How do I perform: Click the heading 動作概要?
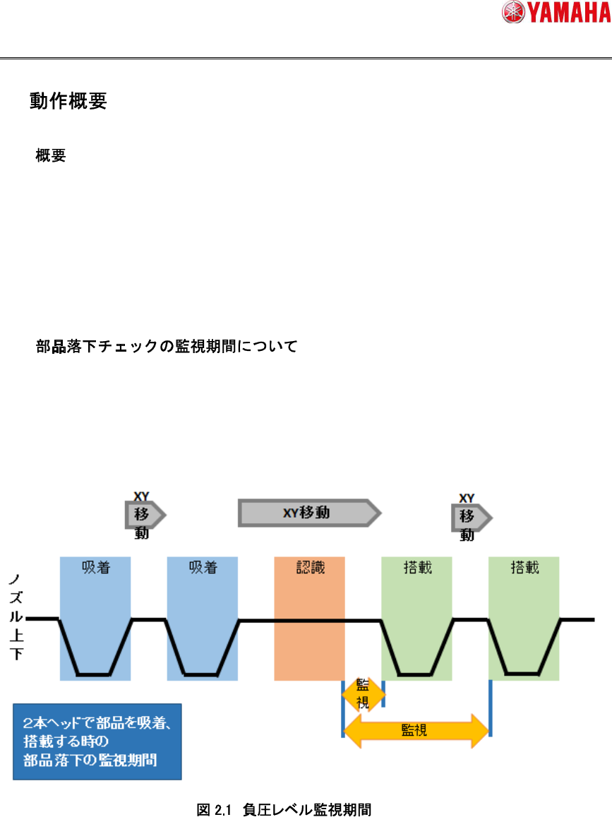pyautogui.click(x=68, y=102)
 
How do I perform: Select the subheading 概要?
pyautogui.click(x=51, y=156)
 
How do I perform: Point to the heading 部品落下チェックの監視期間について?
pyautogui.click(x=167, y=347)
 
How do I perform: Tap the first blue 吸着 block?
pyautogui.click(x=95, y=618)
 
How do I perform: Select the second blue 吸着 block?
pyautogui.click(x=203, y=618)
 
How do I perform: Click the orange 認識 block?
pyautogui.click(x=309, y=618)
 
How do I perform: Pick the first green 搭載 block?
pyautogui.click(x=417, y=618)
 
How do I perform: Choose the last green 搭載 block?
pyautogui.click(x=524, y=618)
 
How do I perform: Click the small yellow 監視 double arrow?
pyautogui.click(x=363, y=694)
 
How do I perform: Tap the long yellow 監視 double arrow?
pyautogui.click(x=416, y=729)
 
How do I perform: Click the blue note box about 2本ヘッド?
pyautogui.click(x=97, y=741)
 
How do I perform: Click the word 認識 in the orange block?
pyautogui.click(x=309, y=567)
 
